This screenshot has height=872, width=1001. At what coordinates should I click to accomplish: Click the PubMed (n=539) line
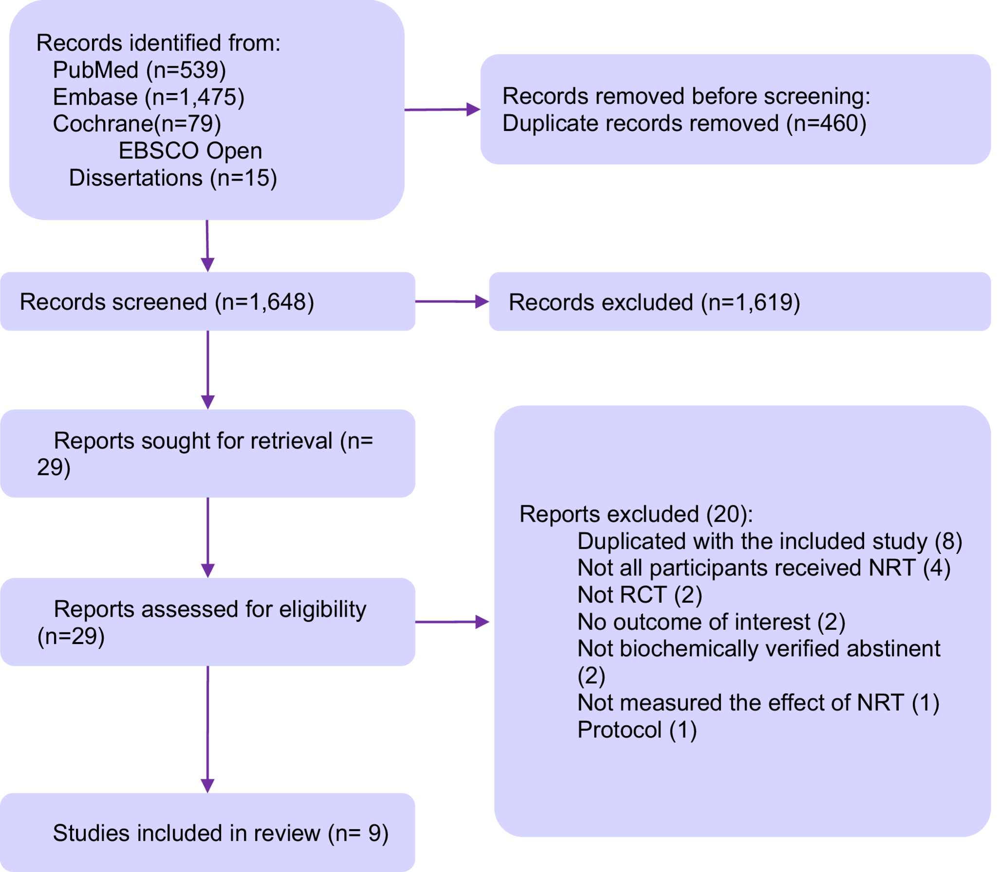(139, 70)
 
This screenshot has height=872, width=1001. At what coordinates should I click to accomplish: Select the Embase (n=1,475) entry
(148, 97)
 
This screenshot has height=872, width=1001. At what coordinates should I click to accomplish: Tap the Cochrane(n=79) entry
(137, 124)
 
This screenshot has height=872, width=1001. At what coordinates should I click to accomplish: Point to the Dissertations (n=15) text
(173, 178)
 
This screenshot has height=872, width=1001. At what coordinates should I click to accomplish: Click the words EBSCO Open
(190, 151)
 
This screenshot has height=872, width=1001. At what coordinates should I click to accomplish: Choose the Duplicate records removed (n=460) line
(684, 123)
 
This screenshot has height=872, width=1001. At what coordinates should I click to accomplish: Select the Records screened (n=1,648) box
(207, 302)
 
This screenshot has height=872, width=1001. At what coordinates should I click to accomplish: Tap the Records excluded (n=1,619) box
(740, 302)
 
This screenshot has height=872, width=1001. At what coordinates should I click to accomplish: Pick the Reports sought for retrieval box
(207, 454)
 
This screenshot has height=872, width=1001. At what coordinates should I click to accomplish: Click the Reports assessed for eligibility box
(207, 622)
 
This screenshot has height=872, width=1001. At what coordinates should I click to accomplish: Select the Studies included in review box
(207, 833)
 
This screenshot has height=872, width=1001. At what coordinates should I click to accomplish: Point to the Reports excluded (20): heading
(636, 514)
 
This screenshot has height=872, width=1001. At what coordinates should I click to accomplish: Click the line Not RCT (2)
(639, 595)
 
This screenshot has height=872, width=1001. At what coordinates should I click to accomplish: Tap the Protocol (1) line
(637, 730)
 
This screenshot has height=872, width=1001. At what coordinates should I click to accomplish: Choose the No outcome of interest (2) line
(711, 622)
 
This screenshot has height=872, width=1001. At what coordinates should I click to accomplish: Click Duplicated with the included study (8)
(769, 541)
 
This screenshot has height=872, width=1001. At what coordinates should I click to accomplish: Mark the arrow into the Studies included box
(207, 731)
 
